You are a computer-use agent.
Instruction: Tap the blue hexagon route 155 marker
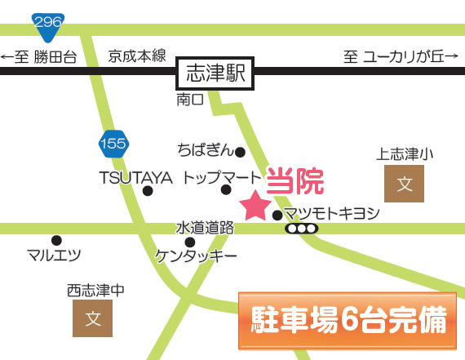pyautogui.click(x=113, y=144)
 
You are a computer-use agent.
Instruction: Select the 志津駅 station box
pyautogui.click(x=215, y=73)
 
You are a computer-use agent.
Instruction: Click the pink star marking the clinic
pyautogui.click(x=255, y=206)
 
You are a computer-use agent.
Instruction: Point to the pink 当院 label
pyautogui.click(x=294, y=180)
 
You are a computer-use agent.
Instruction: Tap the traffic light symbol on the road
pyautogui.click(x=302, y=229)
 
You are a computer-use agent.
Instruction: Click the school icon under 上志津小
pyautogui.click(x=404, y=184)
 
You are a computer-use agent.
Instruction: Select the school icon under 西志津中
pyautogui.click(x=92, y=318)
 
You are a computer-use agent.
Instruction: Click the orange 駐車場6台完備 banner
pyautogui.click(x=348, y=321)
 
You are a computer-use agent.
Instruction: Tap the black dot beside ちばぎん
pyautogui.click(x=240, y=153)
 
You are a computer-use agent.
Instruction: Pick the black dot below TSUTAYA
pyautogui.click(x=148, y=191)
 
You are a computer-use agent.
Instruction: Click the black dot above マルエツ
pyautogui.click(x=56, y=240)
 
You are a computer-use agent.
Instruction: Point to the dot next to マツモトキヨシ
pyautogui.click(x=277, y=216)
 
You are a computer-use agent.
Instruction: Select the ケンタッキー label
pyautogui.click(x=196, y=256)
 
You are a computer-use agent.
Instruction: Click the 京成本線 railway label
pyautogui.click(x=137, y=56)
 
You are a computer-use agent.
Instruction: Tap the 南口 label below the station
pyautogui.click(x=190, y=100)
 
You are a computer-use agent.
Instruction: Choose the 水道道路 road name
pyautogui.click(x=205, y=228)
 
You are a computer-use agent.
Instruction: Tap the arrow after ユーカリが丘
pyautogui.click(x=452, y=56)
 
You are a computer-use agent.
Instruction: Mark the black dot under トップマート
pyautogui.click(x=226, y=189)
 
